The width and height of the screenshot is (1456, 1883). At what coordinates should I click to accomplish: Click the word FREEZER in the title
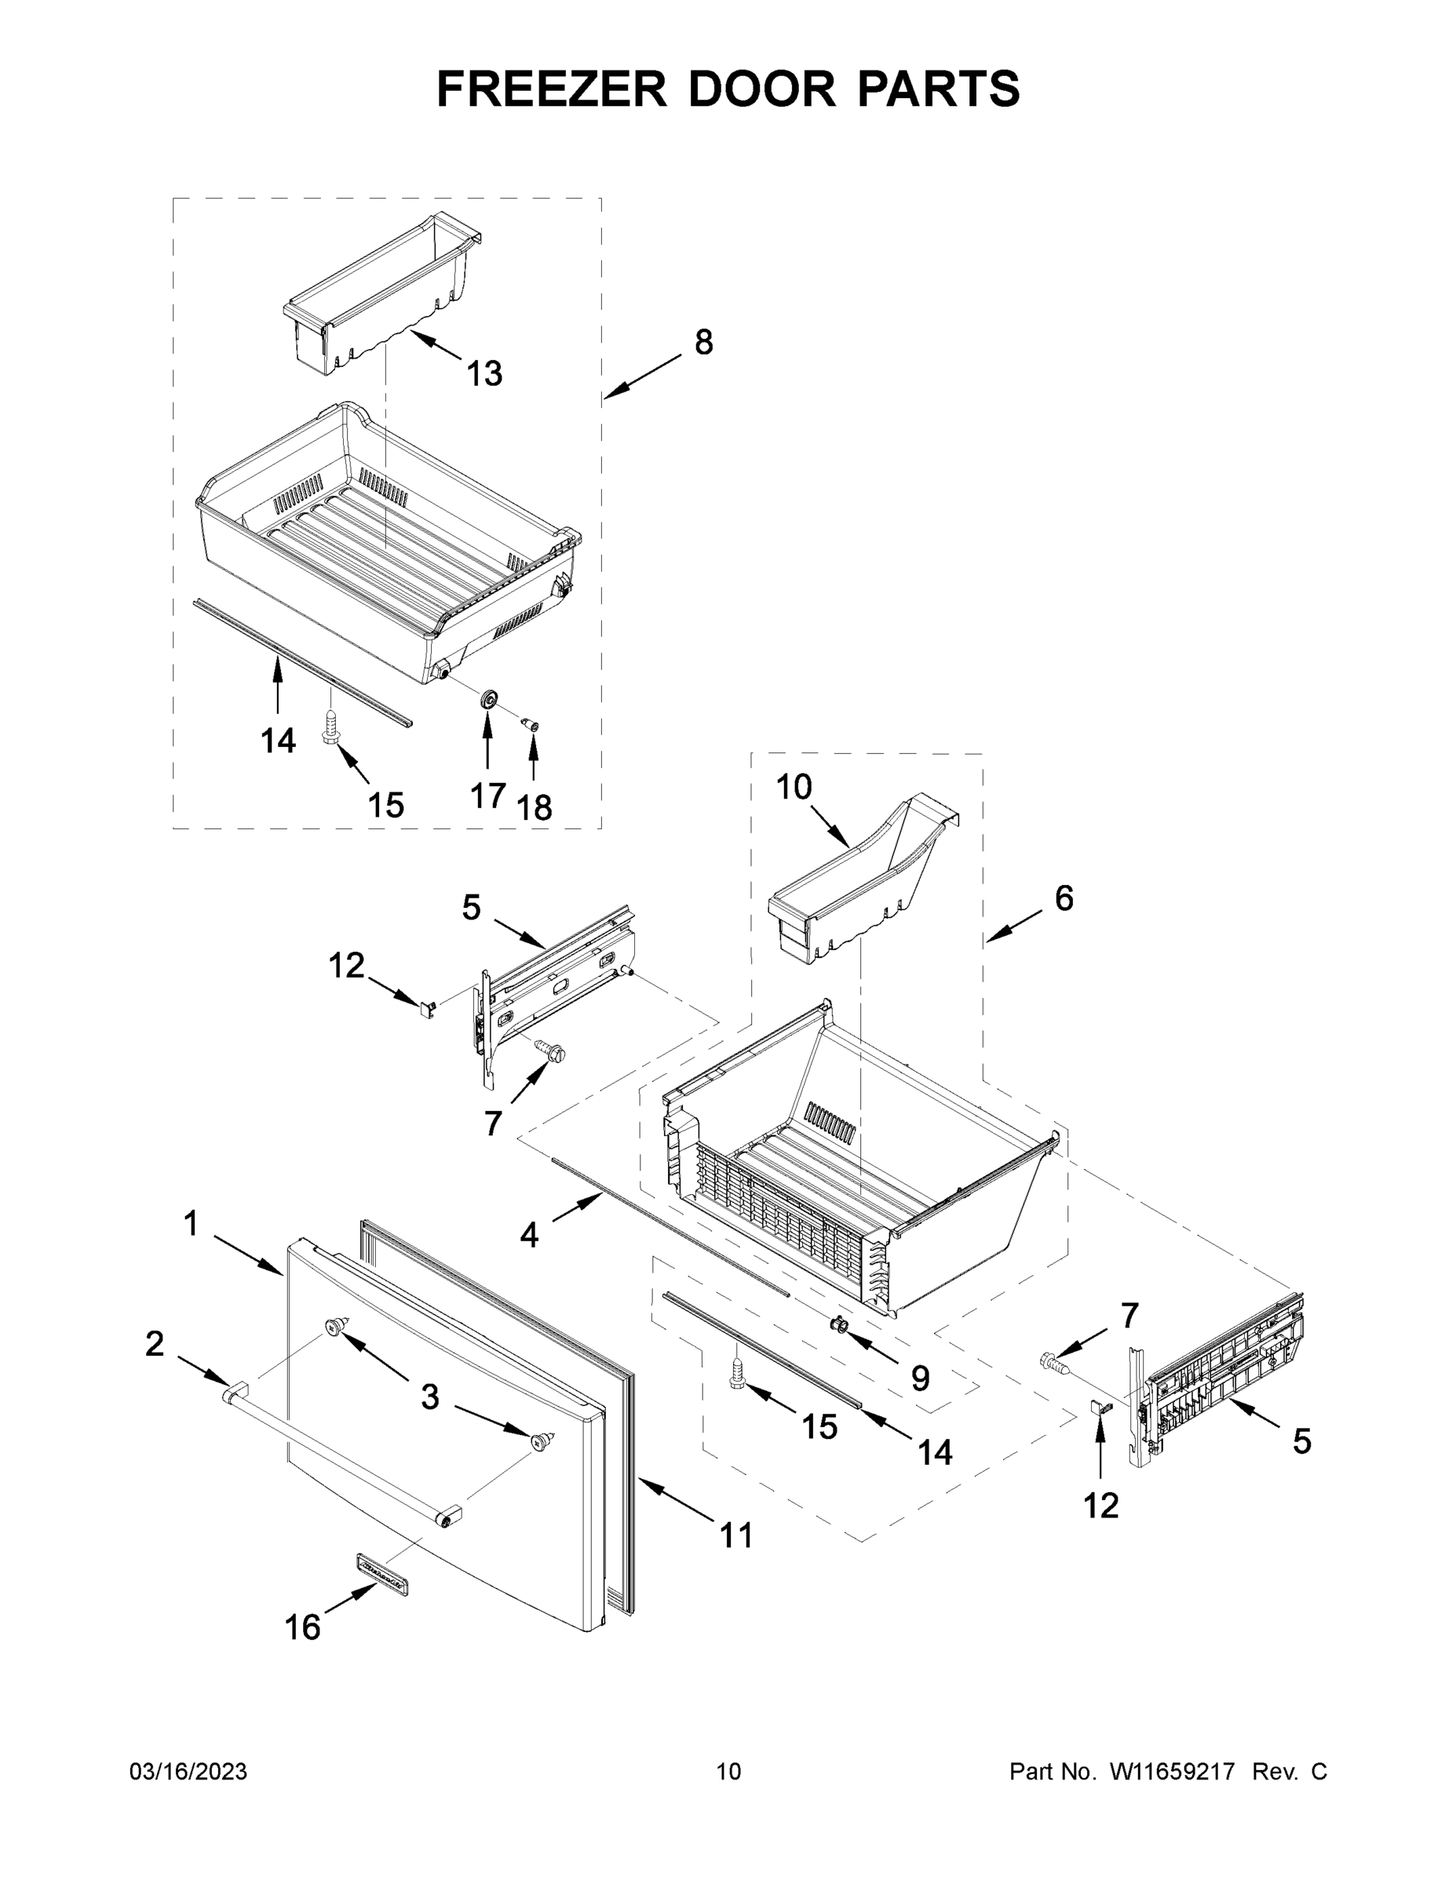[551, 89]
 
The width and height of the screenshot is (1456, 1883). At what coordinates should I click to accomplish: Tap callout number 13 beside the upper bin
[484, 374]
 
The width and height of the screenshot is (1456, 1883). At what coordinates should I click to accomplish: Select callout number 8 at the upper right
[704, 342]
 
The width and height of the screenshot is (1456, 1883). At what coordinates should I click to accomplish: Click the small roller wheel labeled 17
[488, 699]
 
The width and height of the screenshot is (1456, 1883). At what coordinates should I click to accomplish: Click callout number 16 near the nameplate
[302, 1628]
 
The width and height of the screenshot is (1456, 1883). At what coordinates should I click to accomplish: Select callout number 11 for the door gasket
[736, 1535]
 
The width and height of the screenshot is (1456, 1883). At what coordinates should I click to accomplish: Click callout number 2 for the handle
[155, 1343]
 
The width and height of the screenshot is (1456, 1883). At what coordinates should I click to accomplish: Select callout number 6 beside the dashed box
[1064, 898]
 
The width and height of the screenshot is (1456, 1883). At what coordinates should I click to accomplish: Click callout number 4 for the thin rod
[529, 1236]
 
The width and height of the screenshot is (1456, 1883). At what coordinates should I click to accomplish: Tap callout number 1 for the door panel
[191, 1223]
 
